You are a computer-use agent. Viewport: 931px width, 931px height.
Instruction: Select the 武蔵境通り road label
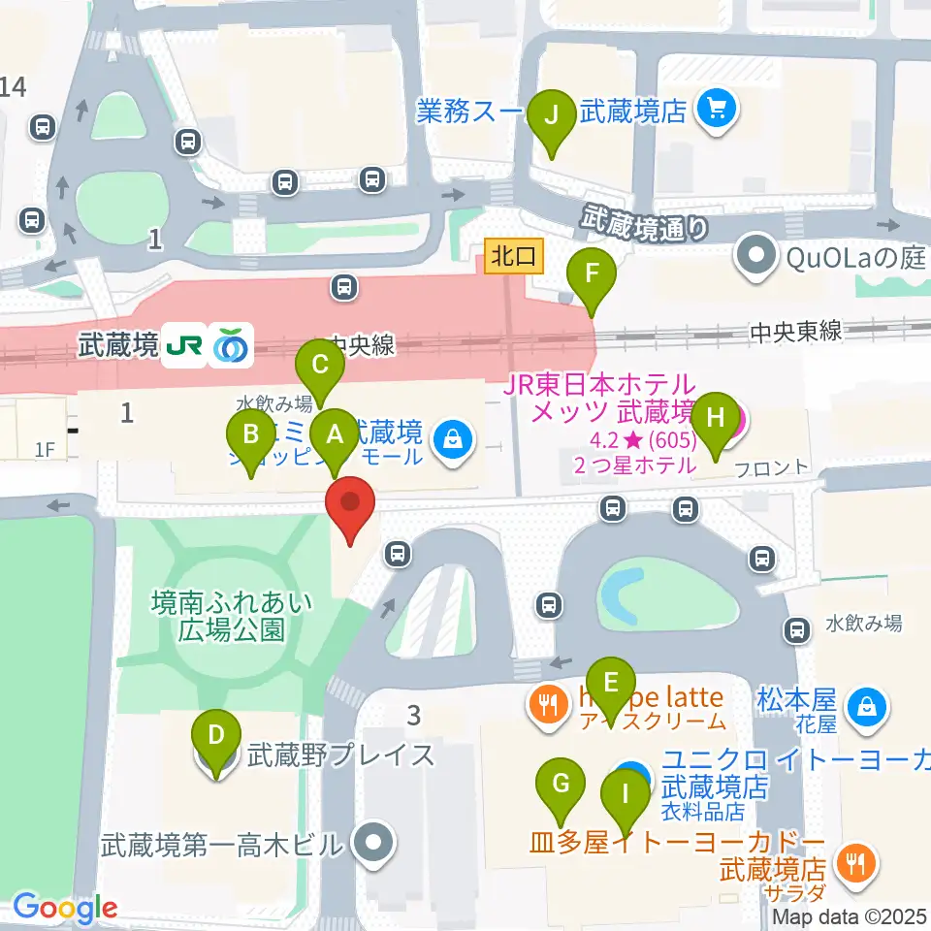[x=645, y=224]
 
